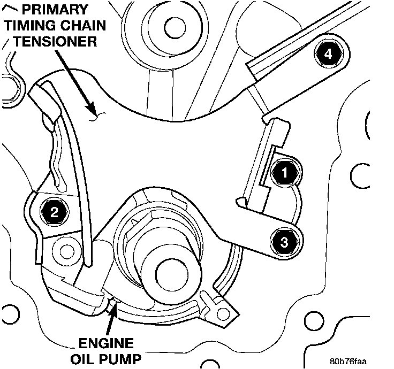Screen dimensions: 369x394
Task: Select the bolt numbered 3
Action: click(x=284, y=242)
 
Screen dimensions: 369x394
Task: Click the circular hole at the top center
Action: click(x=173, y=25)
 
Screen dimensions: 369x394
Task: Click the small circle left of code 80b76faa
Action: click(x=312, y=322)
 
